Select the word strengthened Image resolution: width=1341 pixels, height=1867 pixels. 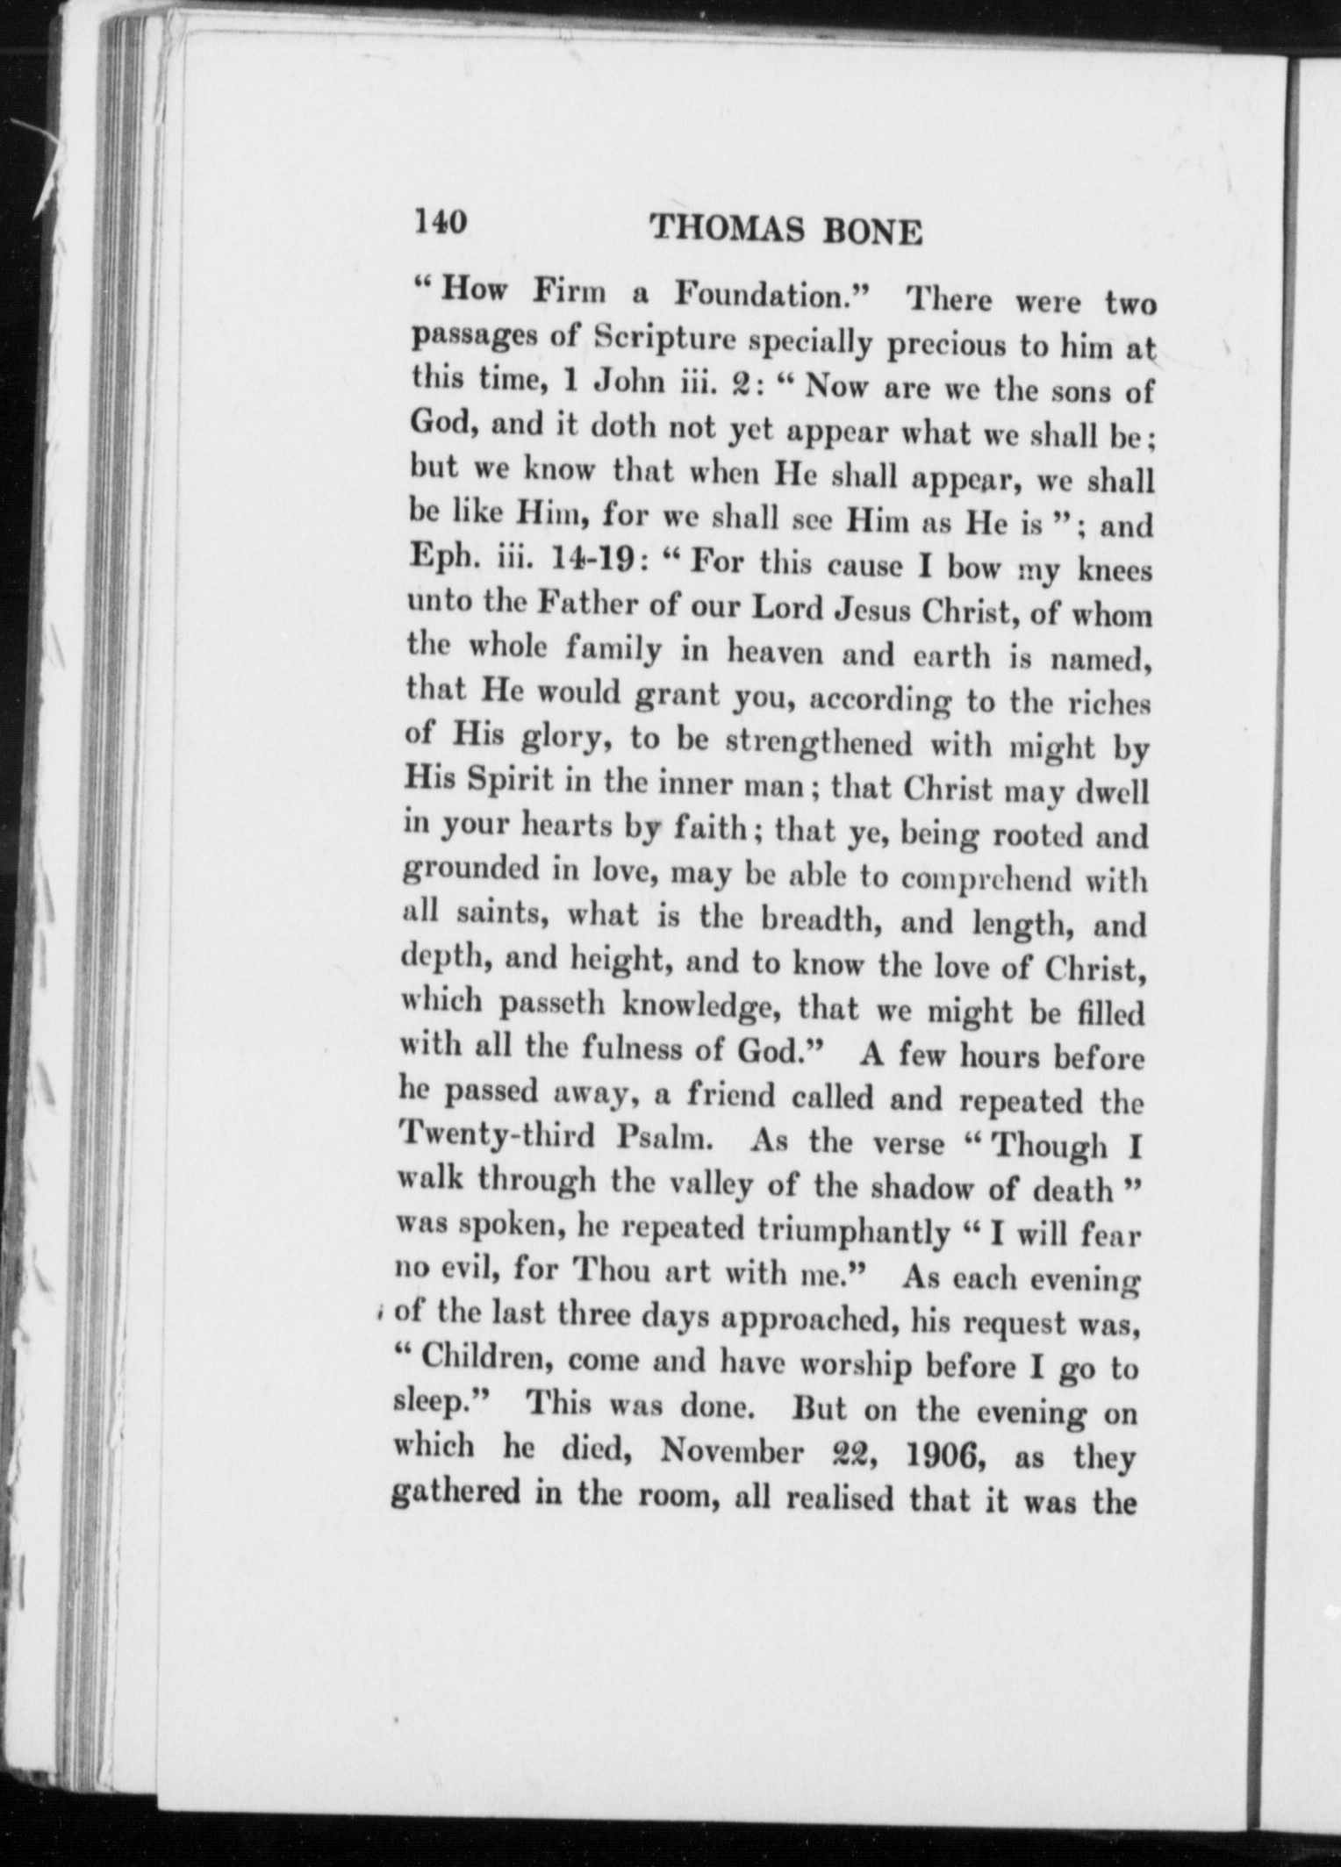point(822,742)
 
